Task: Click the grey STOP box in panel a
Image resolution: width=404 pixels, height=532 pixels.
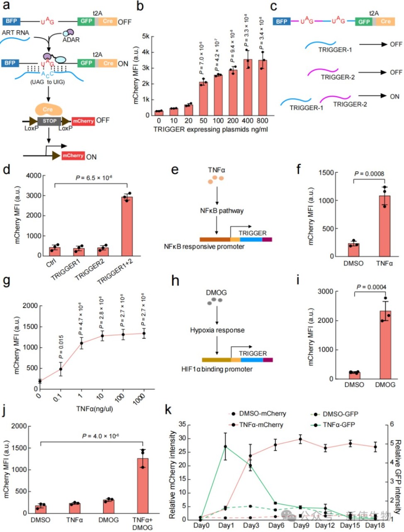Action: click(49, 121)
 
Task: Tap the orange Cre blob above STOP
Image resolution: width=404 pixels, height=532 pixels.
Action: click(48, 109)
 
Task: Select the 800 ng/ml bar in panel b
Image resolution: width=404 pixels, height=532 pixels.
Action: click(263, 87)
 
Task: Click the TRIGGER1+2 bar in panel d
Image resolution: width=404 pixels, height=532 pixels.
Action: click(127, 226)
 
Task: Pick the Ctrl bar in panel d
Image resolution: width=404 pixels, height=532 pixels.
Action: click(55, 251)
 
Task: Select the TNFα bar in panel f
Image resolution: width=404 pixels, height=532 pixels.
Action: click(384, 226)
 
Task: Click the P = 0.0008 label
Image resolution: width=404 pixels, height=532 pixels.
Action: click(369, 174)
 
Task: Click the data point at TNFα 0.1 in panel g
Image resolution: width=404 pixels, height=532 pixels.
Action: click(61, 369)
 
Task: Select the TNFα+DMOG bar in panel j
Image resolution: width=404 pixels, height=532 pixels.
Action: click(143, 486)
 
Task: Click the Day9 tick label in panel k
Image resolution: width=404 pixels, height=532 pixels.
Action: click(301, 525)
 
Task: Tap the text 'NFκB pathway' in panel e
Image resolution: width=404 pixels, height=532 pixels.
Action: click(221, 211)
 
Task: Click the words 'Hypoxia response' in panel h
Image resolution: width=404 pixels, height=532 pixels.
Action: click(217, 330)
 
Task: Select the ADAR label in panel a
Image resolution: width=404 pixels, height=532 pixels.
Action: click(71, 40)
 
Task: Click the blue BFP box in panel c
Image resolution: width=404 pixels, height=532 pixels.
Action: click(282, 22)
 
